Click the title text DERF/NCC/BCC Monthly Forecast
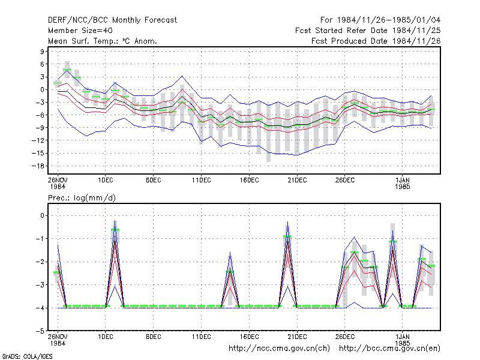[112, 20]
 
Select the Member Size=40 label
[80, 31]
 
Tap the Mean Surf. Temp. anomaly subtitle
[102, 41]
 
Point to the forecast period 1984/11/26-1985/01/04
[380, 20]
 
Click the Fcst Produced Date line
[376, 41]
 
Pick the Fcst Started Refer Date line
[368, 31]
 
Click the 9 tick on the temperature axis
[42, 52]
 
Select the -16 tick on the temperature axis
[38, 166]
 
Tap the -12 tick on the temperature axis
[38, 140]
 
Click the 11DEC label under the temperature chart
[202, 181]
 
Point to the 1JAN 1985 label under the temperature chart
[402, 184]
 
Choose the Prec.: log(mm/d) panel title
[82, 198]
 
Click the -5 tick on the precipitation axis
[40, 331]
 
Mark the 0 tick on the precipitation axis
[42, 216]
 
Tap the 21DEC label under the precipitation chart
[297, 337]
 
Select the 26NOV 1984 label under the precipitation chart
[58, 340]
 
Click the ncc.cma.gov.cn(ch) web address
[279, 349]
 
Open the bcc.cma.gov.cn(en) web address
[389, 349]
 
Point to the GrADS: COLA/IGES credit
[27, 356]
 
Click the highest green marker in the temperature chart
[67, 70]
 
